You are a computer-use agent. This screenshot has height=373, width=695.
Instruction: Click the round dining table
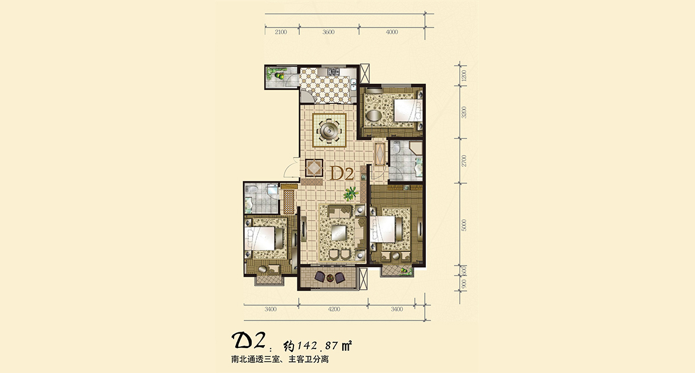pyautogui.click(x=329, y=130)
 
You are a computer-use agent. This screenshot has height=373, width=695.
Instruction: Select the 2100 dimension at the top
pyautogui.click(x=281, y=32)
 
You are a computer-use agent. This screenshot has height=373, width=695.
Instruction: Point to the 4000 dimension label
pyautogui.click(x=392, y=32)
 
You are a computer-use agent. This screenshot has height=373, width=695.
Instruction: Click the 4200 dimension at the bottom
pyautogui.click(x=334, y=309)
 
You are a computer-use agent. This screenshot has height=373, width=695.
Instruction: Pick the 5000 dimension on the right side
pyautogui.click(x=464, y=225)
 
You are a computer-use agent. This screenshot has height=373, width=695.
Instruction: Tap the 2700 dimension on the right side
pyautogui.click(x=464, y=160)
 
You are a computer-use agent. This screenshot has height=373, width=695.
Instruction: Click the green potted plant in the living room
pyautogui.click(x=351, y=192)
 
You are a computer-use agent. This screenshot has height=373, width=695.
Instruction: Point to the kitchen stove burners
pyautogui.click(x=333, y=71)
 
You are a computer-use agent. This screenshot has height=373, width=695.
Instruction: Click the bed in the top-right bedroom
pyautogui.click(x=407, y=109)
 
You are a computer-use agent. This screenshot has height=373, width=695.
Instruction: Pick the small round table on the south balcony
pyautogui.click(x=329, y=278)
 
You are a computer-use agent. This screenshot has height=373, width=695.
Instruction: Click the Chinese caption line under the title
pyautogui.click(x=280, y=360)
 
